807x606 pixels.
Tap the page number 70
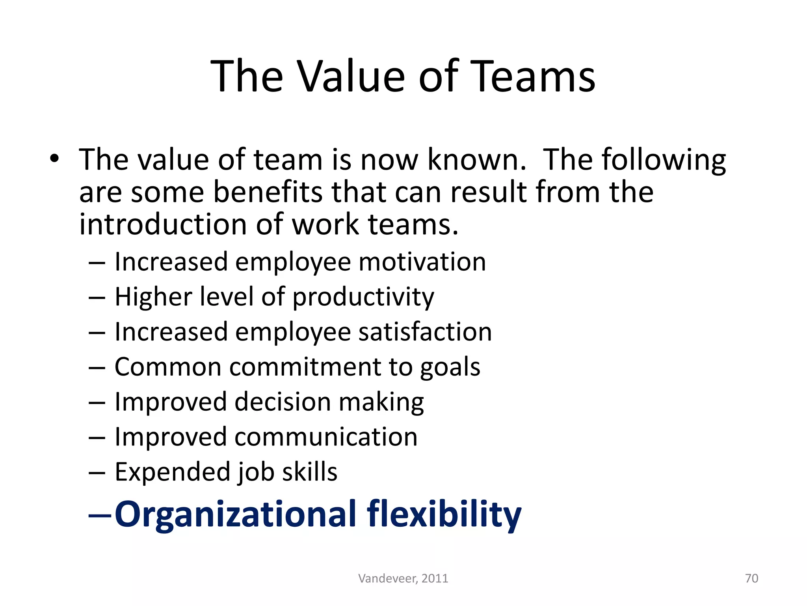pyautogui.click(x=751, y=578)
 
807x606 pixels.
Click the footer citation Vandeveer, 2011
pyautogui.click(x=403, y=578)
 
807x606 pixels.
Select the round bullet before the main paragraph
pyautogui.click(x=54, y=159)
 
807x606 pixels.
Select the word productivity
pyautogui.click(x=363, y=297)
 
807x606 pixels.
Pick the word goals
pyautogui.click(x=450, y=367)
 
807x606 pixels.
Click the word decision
pyautogui.click(x=283, y=402)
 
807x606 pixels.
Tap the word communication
pyautogui.click(x=326, y=437)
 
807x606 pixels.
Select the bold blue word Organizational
pyautogui.click(x=235, y=514)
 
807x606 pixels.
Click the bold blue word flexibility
pyautogui.click(x=444, y=514)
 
